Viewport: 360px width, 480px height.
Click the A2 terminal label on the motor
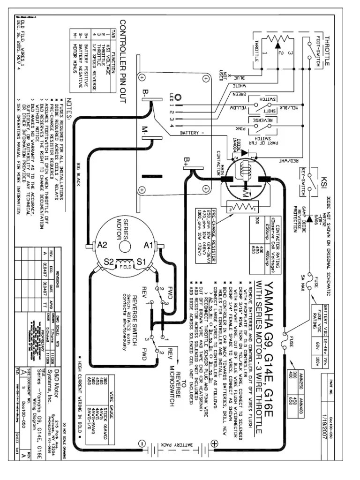(x=103, y=244)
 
